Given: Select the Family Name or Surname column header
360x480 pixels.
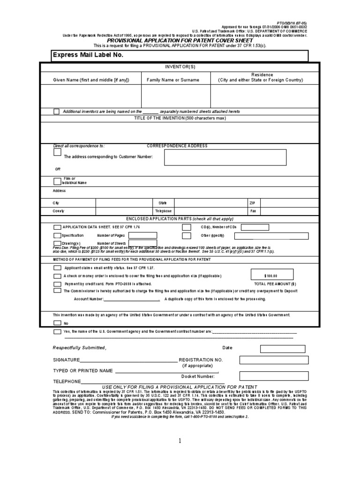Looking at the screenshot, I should pyautogui.click(x=173, y=80).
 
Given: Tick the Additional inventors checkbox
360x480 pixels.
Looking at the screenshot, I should pyautogui.click(x=56, y=112).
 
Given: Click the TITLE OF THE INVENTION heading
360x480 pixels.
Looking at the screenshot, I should pyautogui.click(x=180, y=119).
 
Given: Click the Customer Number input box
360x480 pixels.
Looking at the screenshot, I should pyautogui.click(x=225, y=157).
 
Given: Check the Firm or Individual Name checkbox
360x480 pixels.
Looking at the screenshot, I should pyautogui.click(x=57, y=181).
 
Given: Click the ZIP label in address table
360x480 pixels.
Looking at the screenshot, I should pyautogui.click(x=252, y=203).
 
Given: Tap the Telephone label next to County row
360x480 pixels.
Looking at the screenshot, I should pyautogui.click(x=165, y=211).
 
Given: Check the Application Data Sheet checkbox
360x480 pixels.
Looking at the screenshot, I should pyautogui.click(x=57, y=227).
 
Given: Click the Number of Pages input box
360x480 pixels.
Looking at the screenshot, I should pyautogui.click(x=142, y=235).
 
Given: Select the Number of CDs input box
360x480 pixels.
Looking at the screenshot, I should pyautogui.click(x=255, y=227).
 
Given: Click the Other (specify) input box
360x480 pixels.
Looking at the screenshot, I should pyautogui.click(x=274, y=236).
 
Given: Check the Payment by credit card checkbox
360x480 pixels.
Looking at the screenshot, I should pyautogui.click(x=57, y=284).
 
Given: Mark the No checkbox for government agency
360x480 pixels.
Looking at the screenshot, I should pyautogui.click(x=57, y=323).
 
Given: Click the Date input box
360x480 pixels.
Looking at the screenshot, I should pyautogui.click(x=283, y=348).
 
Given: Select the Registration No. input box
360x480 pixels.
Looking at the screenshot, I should pyautogui.click(x=274, y=360).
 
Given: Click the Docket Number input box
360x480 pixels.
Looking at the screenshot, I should pyautogui.click(x=274, y=376).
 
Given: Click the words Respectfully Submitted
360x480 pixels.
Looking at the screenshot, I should pyautogui.click(x=80, y=348).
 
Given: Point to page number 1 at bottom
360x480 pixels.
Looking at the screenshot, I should pyautogui.click(x=180, y=441).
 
